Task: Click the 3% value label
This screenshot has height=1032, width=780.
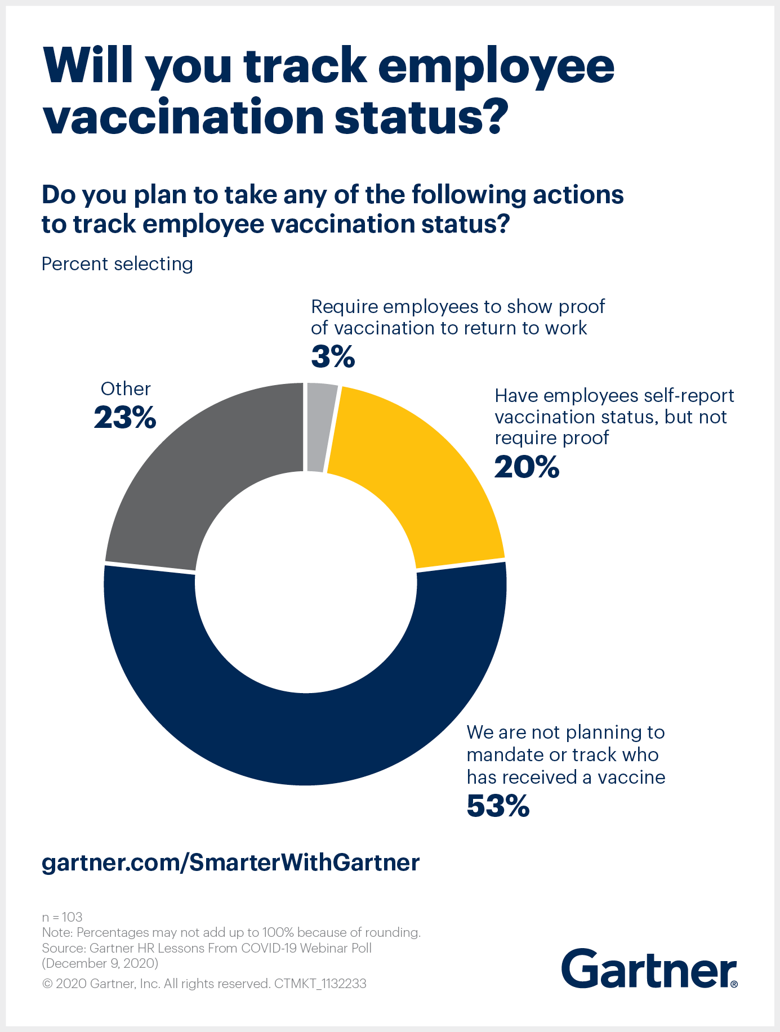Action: [333, 356]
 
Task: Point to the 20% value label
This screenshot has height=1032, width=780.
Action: [527, 467]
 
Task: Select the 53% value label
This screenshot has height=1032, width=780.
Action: [498, 806]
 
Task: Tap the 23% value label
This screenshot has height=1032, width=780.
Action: [124, 418]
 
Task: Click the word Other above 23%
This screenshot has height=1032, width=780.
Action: [126, 389]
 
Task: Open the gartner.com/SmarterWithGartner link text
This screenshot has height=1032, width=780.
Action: [231, 862]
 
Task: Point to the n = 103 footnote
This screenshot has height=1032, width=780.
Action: [62, 917]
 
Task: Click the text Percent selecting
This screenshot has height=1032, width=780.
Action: [117, 263]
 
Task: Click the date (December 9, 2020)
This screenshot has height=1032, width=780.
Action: [100, 963]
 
